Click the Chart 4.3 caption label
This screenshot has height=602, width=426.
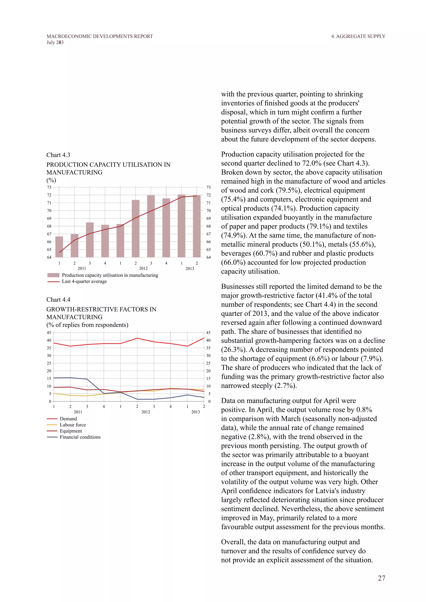(x=58, y=155)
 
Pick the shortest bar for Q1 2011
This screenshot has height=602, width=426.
(x=59, y=247)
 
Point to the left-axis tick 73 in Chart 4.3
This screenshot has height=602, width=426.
(x=49, y=187)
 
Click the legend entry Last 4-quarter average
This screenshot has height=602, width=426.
(x=84, y=281)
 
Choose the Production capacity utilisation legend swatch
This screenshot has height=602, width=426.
(x=53, y=275)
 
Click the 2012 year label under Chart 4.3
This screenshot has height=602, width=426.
(x=143, y=268)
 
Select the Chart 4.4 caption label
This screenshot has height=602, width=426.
(x=58, y=300)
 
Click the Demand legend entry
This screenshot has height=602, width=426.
(x=68, y=419)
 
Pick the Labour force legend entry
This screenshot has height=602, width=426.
(x=73, y=425)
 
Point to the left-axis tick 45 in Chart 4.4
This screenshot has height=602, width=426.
(x=49, y=332)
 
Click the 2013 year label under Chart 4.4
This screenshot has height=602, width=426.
(x=196, y=412)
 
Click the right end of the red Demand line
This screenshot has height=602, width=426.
(x=204, y=338)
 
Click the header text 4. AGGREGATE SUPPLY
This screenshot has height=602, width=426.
(x=358, y=36)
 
